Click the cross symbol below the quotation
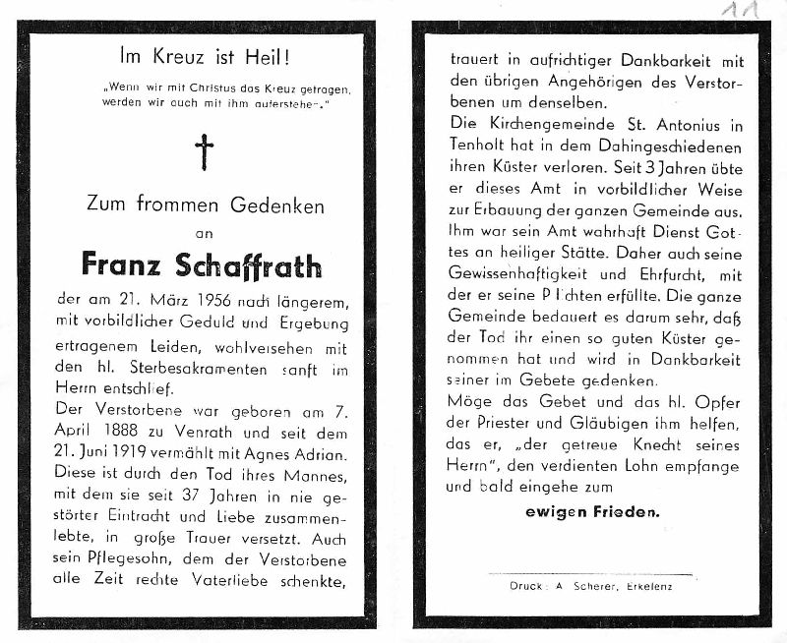pos(204,152)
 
